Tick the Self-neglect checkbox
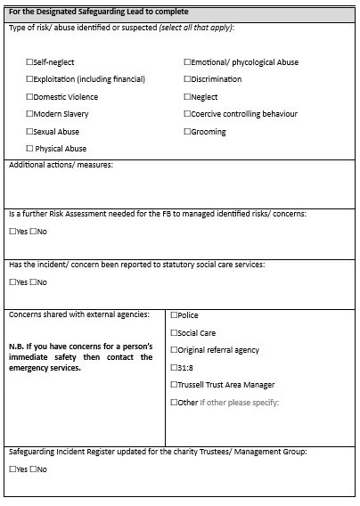point(30,62)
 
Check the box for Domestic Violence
point(30,97)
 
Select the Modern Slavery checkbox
point(30,114)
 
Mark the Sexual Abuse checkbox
point(30,132)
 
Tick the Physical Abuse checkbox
point(30,149)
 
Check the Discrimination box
point(187,79)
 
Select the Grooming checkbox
point(187,132)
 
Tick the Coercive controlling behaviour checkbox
point(187,114)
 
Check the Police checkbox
point(174,315)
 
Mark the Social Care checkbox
point(174,333)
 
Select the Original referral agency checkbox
point(174,350)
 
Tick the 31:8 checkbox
point(174,368)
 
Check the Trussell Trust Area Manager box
point(174,385)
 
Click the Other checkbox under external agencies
point(174,403)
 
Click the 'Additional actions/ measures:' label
point(61,165)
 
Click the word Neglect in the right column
point(204,97)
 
